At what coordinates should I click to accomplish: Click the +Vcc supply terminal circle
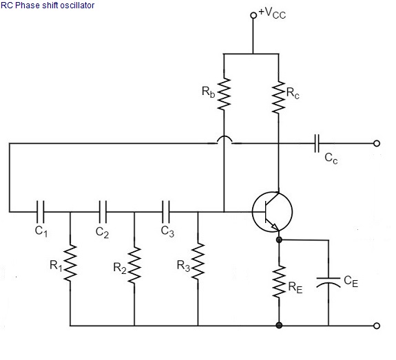pos(253,15)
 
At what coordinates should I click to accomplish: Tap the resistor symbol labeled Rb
pos(224,94)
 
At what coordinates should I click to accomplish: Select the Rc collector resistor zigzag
pos(278,97)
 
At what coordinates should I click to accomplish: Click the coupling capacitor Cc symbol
pos(317,143)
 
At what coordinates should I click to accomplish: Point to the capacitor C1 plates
pos(41,212)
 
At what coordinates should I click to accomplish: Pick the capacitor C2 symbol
pos(103,212)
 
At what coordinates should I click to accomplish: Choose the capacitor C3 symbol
pos(166,212)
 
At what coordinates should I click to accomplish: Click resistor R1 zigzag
pos(70,262)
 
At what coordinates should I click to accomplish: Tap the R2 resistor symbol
pos(134,264)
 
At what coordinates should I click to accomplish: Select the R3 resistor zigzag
pos(198,262)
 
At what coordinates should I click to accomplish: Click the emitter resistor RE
pos(279,282)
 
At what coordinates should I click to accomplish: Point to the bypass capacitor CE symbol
pos(329,282)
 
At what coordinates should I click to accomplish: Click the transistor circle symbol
pos(272,212)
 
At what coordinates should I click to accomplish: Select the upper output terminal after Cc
pos(377,143)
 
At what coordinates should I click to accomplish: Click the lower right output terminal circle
pos(377,326)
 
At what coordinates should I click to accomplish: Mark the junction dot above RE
pos(279,240)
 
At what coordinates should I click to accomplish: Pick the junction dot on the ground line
pos(279,326)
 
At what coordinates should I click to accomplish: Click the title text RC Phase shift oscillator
pos(48,6)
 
